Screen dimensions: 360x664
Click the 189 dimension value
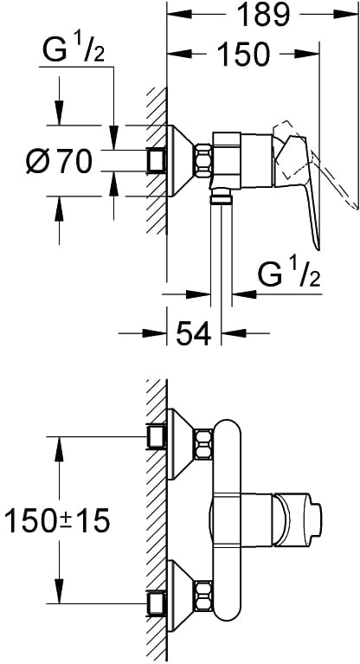[262, 16]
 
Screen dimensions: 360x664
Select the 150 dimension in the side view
[243, 54]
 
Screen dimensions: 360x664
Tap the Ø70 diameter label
[59, 162]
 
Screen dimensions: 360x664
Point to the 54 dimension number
[193, 333]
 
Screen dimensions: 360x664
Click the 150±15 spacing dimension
[56, 520]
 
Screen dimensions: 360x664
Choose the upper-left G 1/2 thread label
[73, 51]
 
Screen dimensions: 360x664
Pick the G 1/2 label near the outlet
[288, 275]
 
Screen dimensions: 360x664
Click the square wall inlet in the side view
[156, 161]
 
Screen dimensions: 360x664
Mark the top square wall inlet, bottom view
[156, 437]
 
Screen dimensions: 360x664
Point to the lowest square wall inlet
[156, 603]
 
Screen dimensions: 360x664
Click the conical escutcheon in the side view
[180, 161]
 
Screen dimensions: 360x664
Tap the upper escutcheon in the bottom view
[180, 444]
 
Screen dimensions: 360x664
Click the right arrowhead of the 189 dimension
[346, 14]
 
